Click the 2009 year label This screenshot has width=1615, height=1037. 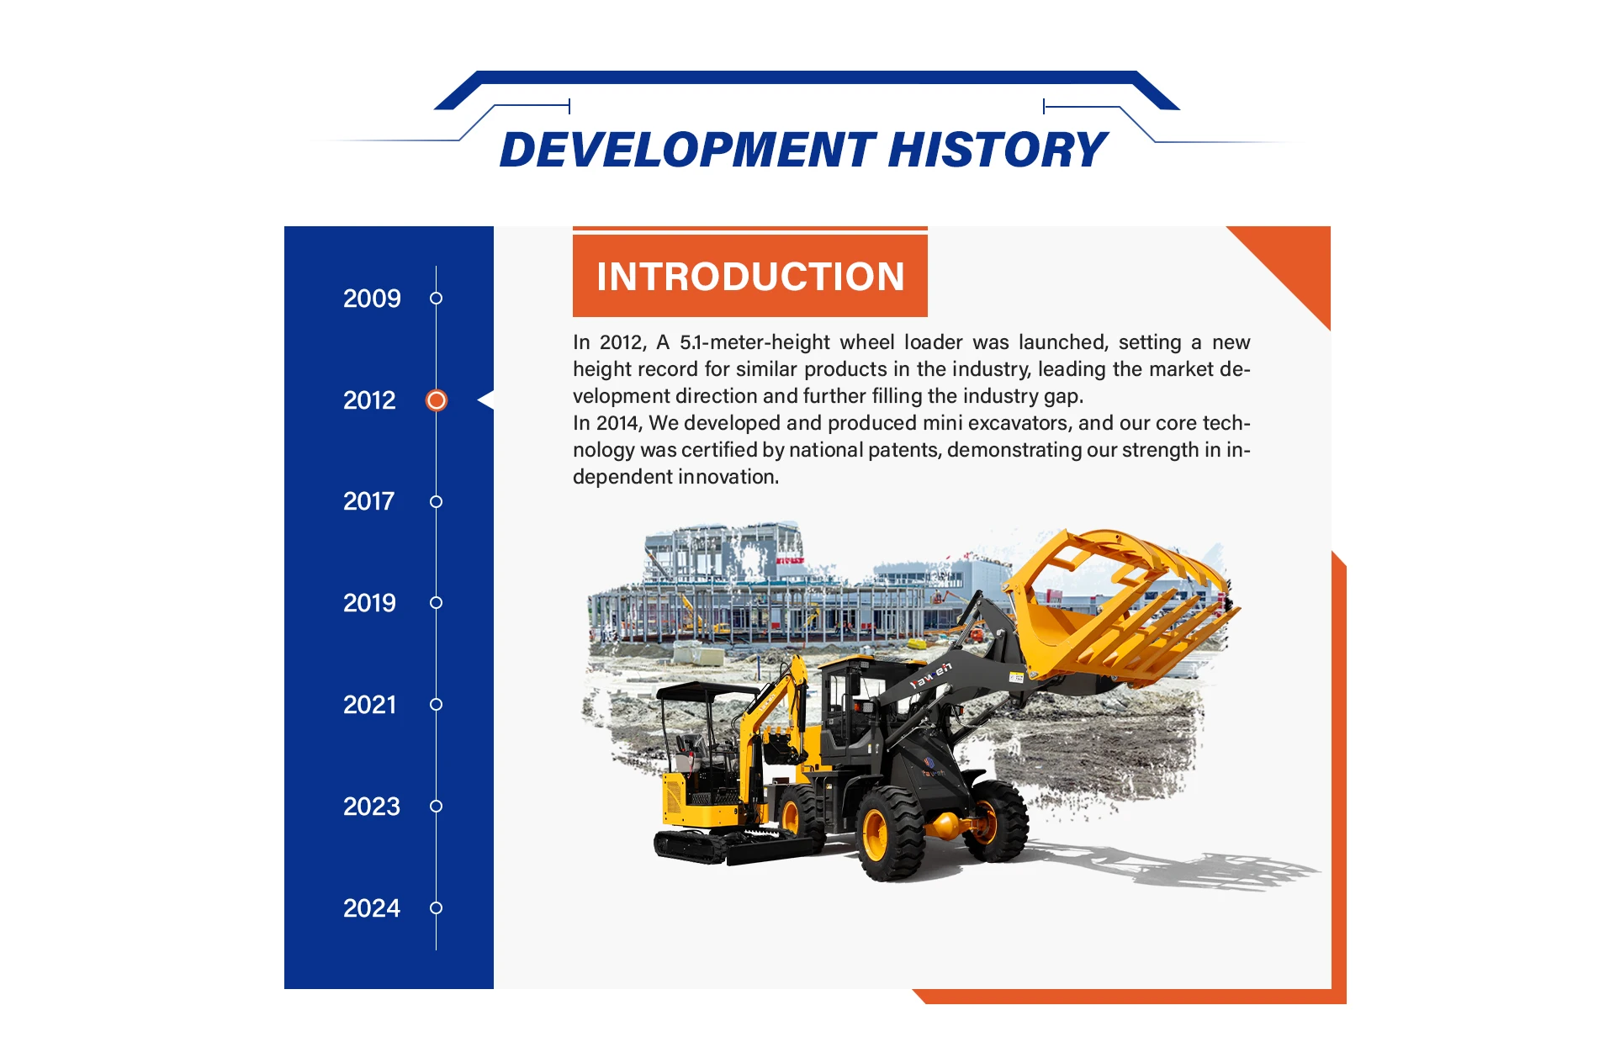(372, 299)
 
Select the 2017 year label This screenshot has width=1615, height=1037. (368, 501)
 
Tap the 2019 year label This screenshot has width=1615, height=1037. (369, 603)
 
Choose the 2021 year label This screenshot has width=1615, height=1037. (369, 705)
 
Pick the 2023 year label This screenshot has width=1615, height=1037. (371, 807)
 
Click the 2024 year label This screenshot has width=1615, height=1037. (371, 908)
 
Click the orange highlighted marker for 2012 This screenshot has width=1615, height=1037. (437, 400)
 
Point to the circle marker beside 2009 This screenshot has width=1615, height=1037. (436, 299)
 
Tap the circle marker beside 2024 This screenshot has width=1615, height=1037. (436, 908)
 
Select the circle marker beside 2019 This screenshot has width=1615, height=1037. (436, 603)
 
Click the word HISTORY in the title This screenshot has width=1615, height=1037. (998, 150)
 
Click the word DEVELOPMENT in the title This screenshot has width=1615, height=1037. (688, 150)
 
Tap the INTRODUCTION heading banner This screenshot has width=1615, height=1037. (750, 276)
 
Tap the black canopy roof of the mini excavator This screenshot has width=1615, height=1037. (708, 693)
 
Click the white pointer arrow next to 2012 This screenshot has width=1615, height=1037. (486, 400)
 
